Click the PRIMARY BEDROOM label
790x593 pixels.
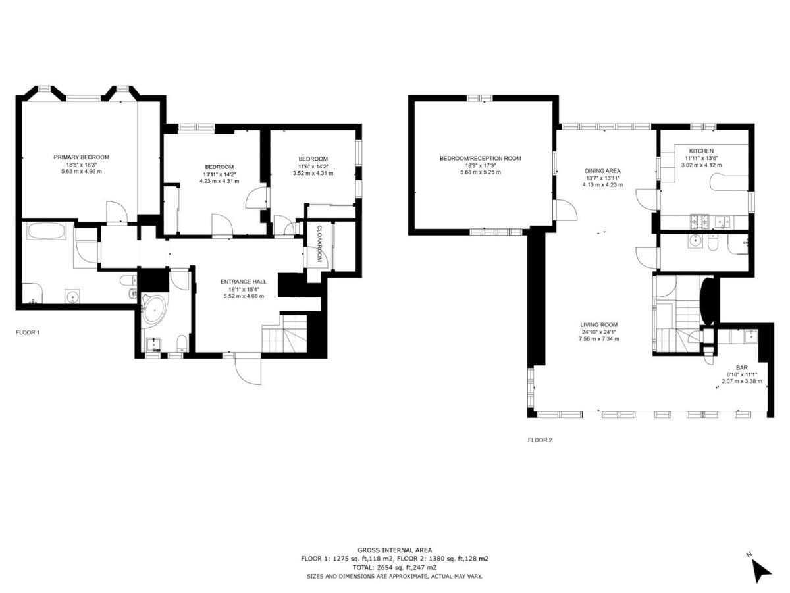coord(81,157)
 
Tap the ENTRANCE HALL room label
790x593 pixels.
coord(243,281)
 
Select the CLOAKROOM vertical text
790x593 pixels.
coord(319,244)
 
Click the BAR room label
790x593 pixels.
coord(741,368)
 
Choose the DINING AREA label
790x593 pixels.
coord(603,171)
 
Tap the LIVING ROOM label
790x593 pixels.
coord(598,324)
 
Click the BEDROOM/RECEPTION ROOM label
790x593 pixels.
coord(480,158)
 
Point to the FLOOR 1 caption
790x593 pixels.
coord(28,332)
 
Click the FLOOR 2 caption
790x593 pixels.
coord(540,440)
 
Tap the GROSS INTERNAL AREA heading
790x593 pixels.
coord(394,550)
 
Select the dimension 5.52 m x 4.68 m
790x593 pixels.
coord(243,296)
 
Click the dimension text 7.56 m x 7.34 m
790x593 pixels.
coord(598,339)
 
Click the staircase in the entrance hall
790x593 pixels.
coord(284,336)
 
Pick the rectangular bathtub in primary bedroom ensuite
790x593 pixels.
coord(46,231)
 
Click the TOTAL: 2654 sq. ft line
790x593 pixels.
coord(394,567)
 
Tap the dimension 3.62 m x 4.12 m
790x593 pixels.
coord(701,165)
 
